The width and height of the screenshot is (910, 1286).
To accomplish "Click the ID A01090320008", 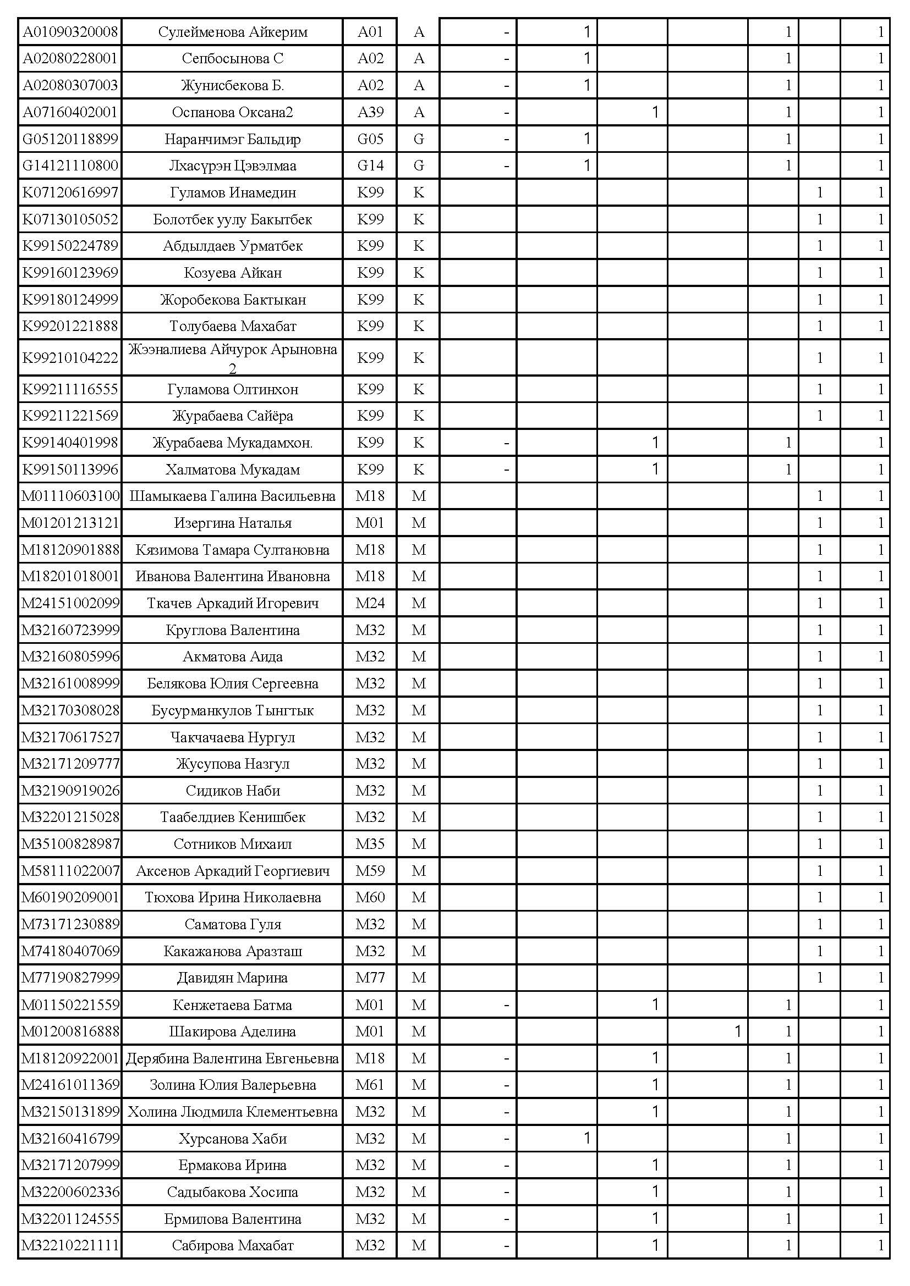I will (70, 32).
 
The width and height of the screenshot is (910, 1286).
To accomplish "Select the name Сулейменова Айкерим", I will (233, 32).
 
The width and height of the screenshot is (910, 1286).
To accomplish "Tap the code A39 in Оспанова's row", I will (370, 112).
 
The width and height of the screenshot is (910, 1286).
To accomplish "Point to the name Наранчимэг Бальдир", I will (233, 139).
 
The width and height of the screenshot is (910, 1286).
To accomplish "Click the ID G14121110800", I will (70, 166).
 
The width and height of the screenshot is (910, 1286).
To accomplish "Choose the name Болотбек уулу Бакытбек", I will (233, 219).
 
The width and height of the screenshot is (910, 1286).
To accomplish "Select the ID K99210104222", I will (70, 357).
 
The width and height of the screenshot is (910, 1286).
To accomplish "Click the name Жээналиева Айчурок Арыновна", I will (233, 350).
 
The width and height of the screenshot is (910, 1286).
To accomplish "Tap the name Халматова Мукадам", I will (233, 470).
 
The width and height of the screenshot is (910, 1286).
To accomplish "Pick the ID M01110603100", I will (70, 496).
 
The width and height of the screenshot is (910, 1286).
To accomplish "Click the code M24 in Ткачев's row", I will (370, 603).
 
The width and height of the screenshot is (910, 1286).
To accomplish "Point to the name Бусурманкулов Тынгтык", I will (233, 710).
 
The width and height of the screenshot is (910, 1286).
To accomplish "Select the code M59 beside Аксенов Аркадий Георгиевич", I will (370, 871).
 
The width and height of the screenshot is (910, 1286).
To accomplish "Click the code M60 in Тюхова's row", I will (370, 897).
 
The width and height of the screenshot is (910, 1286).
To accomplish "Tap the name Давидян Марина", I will (233, 978).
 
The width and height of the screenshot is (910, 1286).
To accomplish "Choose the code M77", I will (370, 978).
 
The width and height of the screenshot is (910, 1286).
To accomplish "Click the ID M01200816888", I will (70, 1031).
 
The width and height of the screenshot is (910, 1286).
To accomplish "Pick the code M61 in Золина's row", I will (370, 1085).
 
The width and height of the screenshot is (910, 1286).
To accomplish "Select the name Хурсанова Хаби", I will (233, 1139).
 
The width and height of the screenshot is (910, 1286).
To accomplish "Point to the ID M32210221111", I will (70, 1246).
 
